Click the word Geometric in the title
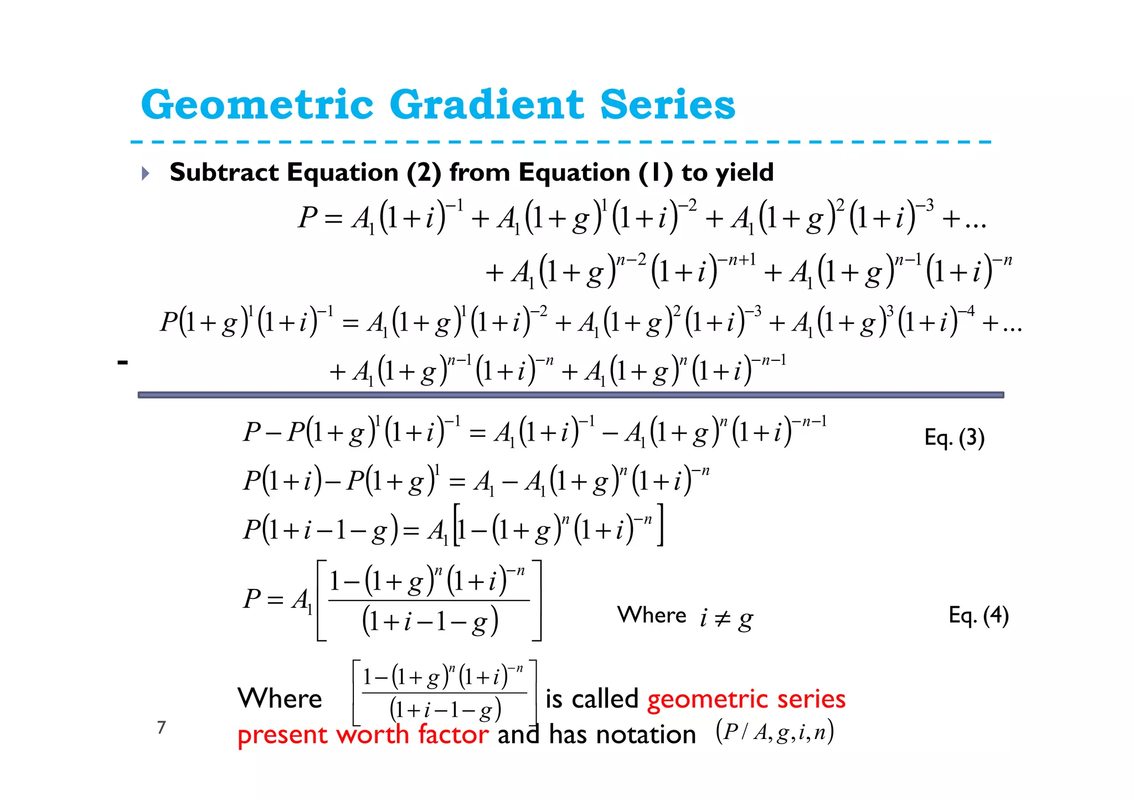click(257, 105)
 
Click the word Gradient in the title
click(487, 105)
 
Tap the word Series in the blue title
click(668, 105)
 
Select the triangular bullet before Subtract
click(145, 173)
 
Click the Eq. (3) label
click(954, 438)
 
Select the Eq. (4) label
click(978, 615)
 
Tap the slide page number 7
click(161, 727)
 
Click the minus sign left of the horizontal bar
click(122, 363)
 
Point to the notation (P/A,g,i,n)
click(775, 732)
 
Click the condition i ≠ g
click(725, 618)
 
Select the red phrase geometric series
click(746, 699)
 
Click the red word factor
click(453, 735)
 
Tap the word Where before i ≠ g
click(651, 615)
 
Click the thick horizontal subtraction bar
click(570, 395)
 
